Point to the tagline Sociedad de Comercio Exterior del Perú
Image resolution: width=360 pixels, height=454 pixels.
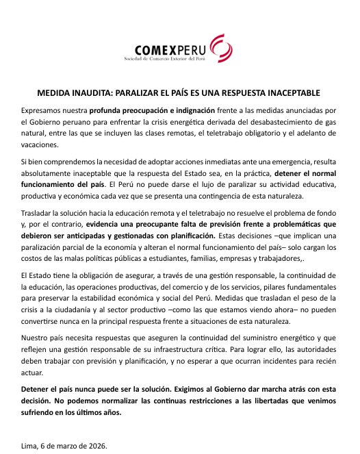point(164,60)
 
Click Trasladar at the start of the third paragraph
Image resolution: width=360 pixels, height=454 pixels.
point(38,212)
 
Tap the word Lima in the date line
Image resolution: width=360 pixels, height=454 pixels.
point(30,446)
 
